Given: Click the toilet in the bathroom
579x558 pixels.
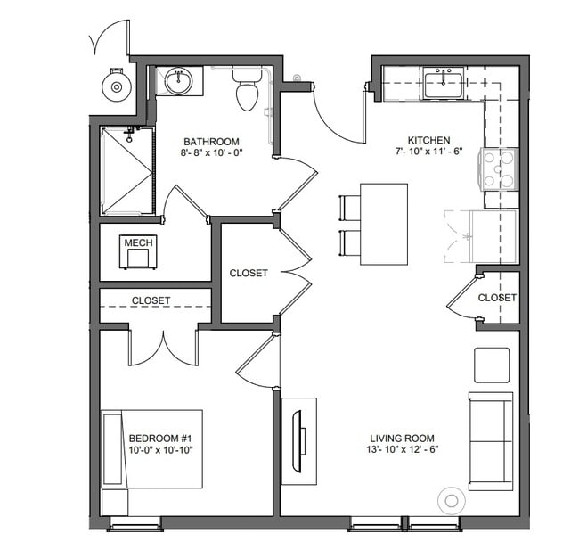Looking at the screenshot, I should pos(247,90).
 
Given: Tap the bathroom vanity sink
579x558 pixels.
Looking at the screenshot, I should pos(179,81).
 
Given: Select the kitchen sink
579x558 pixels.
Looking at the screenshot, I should pos(442,85).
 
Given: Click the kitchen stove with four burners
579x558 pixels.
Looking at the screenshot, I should pos(499,169).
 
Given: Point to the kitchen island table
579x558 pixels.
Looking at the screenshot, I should pos(384,224).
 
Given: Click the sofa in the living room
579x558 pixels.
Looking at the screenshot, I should pos(491,440).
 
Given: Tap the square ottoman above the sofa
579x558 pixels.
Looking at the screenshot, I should pos(491,365).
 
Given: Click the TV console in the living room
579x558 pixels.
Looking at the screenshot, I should pos(299,440).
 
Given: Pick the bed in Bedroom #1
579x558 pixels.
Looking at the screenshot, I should pos(151,449).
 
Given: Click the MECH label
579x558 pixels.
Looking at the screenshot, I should pos(138,242).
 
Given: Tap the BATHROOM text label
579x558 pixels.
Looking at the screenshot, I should pos(211,141).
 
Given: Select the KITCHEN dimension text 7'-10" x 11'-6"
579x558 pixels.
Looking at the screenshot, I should pos(428,152).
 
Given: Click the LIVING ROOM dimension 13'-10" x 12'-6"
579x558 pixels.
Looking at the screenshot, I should pos(403,449).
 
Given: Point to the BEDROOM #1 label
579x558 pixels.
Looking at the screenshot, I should pos(161,438).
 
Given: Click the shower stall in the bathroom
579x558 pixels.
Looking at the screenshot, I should pos(127,170).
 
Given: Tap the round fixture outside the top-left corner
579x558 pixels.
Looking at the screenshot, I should pos(115,86).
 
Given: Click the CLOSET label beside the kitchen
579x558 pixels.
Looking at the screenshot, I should pos(496,298).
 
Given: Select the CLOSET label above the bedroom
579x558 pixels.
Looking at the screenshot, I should pos(151,300).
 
